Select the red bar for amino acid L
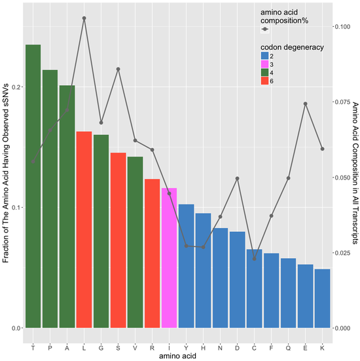[84, 229]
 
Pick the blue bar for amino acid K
[322, 298]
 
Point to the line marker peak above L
[84, 18]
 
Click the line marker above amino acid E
[305, 104]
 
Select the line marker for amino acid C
[254, 259]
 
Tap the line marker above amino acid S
[118, 69]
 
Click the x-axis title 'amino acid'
[177, 354]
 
